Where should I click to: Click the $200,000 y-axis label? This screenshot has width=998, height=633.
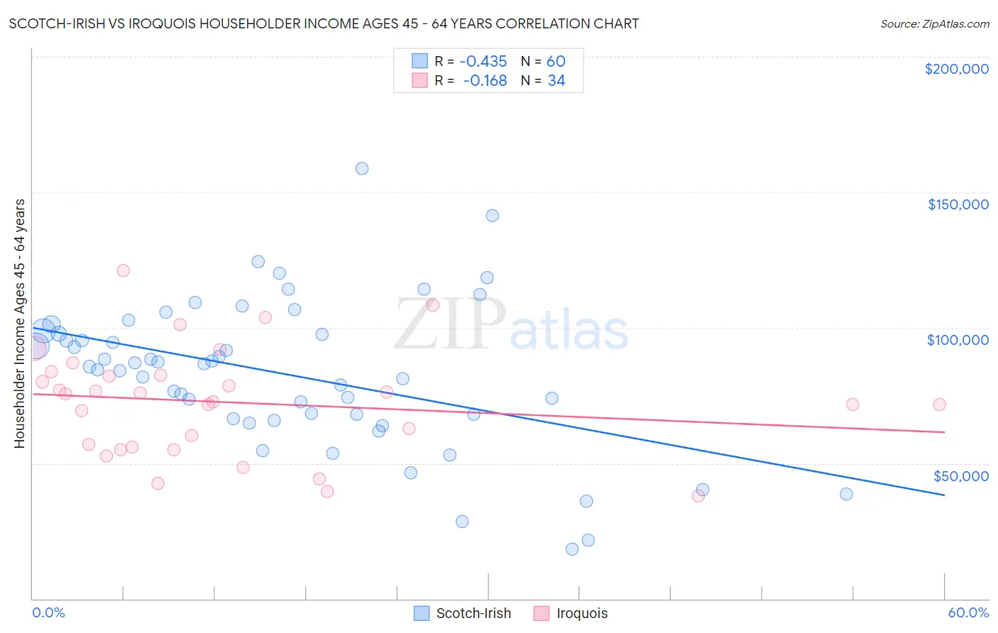[x=956, y=69]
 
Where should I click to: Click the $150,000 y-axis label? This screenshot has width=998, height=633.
[x=958, y=204]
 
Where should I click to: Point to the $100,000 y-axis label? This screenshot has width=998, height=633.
[x=958, y=340]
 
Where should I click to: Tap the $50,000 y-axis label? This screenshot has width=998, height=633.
[x=960, y=476]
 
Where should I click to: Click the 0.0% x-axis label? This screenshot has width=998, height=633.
[x=48, y=612]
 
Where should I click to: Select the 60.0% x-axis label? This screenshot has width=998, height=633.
[x=967, y=612]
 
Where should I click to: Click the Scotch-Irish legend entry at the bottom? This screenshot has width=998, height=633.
[x=473, y=613]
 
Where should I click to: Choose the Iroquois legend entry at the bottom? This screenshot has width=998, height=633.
[x=581, y=613]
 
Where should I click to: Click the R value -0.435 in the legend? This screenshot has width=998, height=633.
[x=483, y=62]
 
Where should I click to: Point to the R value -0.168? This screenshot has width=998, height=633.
[x=485, y=81]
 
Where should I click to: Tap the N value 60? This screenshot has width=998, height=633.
[x=556, y=62]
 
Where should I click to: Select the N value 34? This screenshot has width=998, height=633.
[x=556, y=81]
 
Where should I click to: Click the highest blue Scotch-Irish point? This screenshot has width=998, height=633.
[x=362, y=169]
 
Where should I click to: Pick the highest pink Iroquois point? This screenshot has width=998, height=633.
[x=124, y=270]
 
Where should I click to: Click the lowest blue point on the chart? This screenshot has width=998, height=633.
[x=572, y=549]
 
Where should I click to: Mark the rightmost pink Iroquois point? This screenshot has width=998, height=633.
[x=939, y=404]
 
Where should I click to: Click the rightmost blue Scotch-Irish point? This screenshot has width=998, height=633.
[x=846, y=495]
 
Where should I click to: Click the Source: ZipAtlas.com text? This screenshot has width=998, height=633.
[x=934, y=24]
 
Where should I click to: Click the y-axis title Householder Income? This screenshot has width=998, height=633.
[x=20, y=323]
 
